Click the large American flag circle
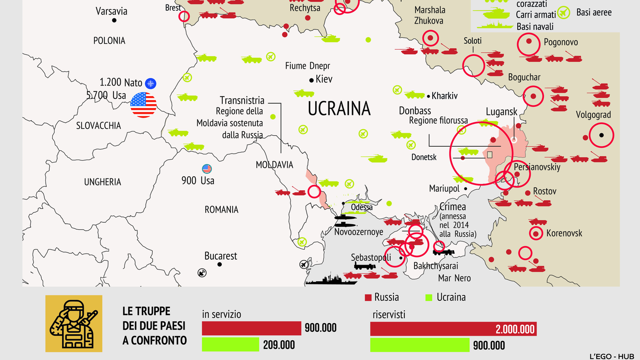pos(143,105)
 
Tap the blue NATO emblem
pos(150,84)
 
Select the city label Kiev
pos(324,80)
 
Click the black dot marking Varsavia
pos(115,20)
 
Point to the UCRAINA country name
pos(339,108)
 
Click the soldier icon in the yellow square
pos(74,324)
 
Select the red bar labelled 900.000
pos(251,328)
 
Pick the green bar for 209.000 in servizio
pos(230,344)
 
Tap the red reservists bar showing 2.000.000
pos(453,329)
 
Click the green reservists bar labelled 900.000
pos(420,345)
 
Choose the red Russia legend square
pos(368,298)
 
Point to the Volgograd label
pos(593,115)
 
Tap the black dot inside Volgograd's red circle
pos(601,135)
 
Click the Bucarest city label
pos(221,256)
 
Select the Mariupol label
pos(444,189)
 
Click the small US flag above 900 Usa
pos(206,169)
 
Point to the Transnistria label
pos(242,101)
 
